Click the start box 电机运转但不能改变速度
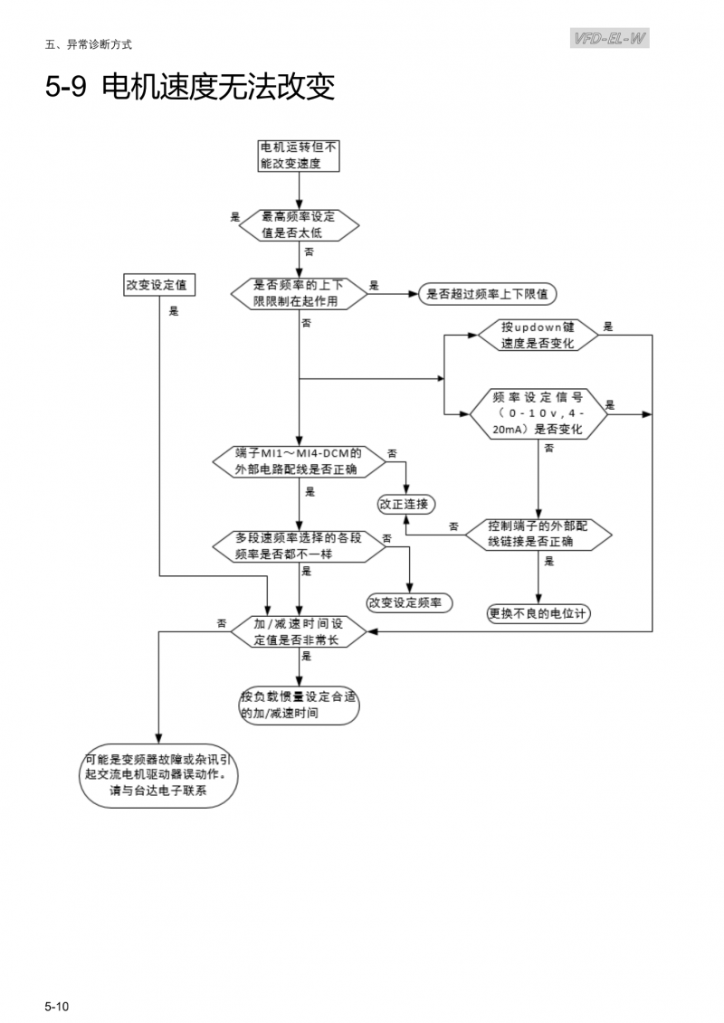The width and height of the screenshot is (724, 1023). coord(300,156)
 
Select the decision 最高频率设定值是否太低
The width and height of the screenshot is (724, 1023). coord(300,224)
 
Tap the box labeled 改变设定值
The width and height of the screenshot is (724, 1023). coord(160,284)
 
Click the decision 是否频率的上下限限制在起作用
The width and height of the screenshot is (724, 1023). coord(300,293)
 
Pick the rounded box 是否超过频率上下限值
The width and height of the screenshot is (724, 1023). coord(489,294)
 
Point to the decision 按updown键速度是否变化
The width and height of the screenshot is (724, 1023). coord(538,335)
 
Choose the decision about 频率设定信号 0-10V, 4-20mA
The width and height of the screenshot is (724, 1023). coord(538,412)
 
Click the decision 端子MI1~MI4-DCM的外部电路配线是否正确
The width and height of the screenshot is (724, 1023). coord(300,460)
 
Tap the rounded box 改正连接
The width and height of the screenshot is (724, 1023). coord(403,503)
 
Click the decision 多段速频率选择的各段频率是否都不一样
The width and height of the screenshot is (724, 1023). coord(300,545)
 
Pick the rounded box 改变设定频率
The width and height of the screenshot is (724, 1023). coord(410,602)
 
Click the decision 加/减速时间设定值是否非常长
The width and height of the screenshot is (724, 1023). coord(300,631)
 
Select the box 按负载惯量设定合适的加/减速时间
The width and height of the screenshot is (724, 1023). coord(300,706)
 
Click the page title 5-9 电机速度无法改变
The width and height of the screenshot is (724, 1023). coord(190,88)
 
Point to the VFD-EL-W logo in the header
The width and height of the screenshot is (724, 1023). coord(611,38)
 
